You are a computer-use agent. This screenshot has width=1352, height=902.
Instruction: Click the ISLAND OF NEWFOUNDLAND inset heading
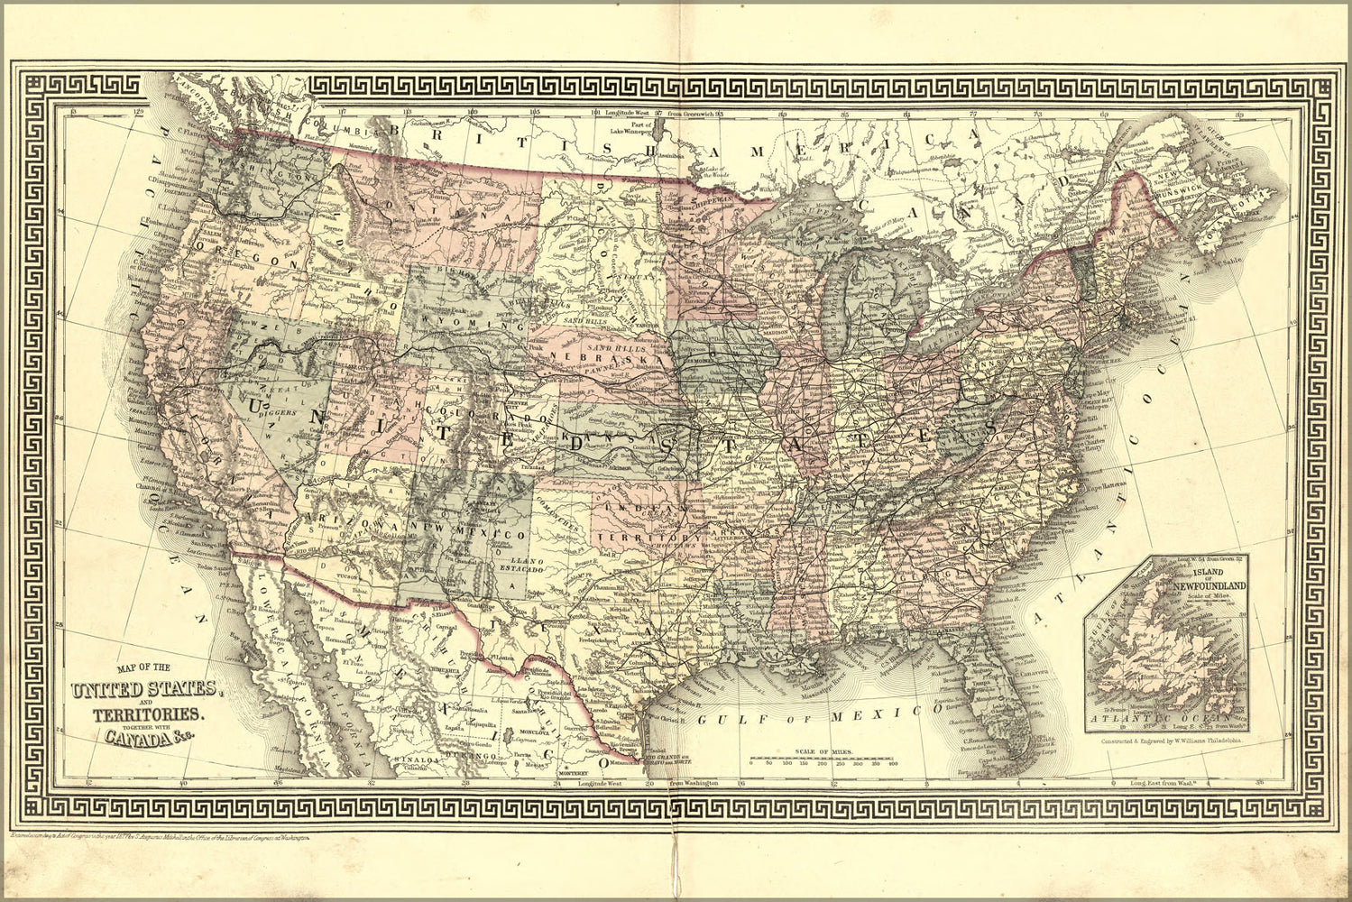(x=1209, y=580)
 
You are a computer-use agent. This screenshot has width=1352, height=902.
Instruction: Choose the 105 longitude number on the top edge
(x=536, y=114)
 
